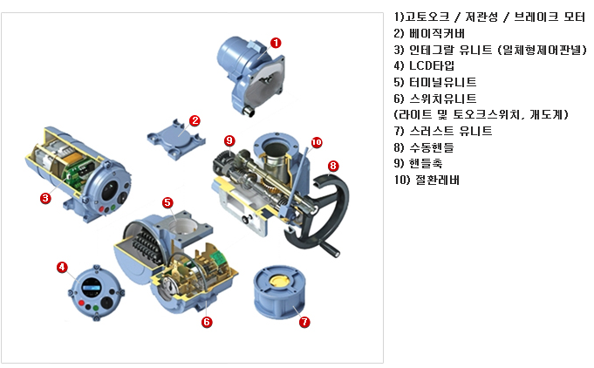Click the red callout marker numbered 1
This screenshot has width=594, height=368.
click(276, 42)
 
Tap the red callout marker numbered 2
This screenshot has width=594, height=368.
click(195, 120)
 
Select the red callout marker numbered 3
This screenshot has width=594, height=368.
click(45, 198)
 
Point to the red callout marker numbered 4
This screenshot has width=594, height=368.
click(62, 267)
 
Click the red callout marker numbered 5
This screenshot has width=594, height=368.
click(167, 202)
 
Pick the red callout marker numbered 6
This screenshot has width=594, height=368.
click(207, 322)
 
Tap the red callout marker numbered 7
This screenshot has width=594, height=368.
click(304, 321)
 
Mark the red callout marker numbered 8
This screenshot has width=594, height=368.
click(333, 166)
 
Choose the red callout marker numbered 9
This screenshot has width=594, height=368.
click(229, 140)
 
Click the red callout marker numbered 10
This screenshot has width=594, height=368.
click(317, 140)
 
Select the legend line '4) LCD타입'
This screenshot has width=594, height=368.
click(424, 65)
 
